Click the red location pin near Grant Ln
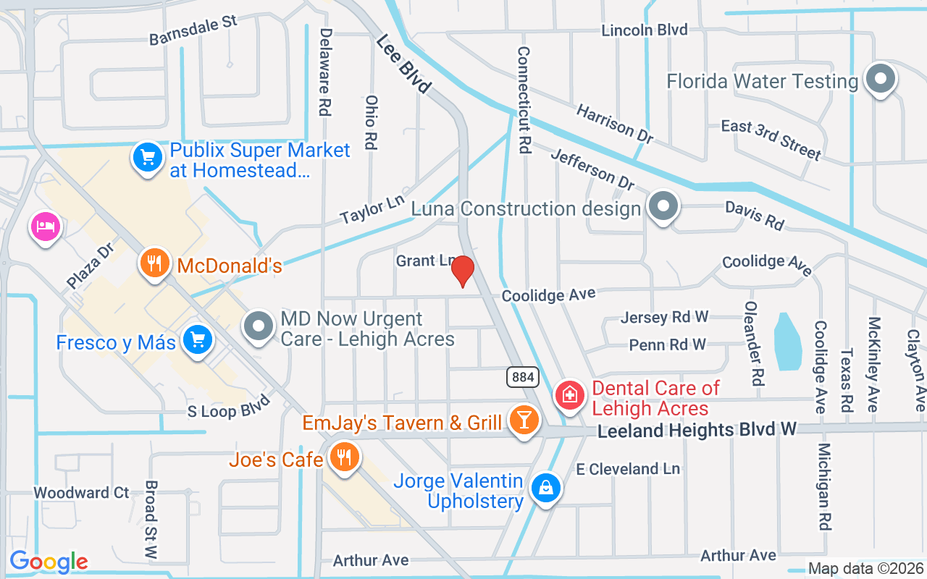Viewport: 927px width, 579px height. click(462, 271)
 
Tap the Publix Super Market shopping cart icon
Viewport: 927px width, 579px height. click(147, 158)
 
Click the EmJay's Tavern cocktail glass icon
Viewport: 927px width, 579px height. click(524, 420)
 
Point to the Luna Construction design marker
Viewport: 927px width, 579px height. click(662, 208)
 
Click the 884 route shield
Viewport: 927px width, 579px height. click(521, 377)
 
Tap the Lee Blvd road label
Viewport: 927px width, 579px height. click(403, 65)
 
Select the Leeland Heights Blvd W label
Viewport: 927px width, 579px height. click(697, 430)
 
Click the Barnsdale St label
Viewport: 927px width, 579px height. click(193, 31)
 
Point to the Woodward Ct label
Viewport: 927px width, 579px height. click(81, 493)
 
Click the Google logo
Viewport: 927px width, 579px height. click(49, 561)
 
